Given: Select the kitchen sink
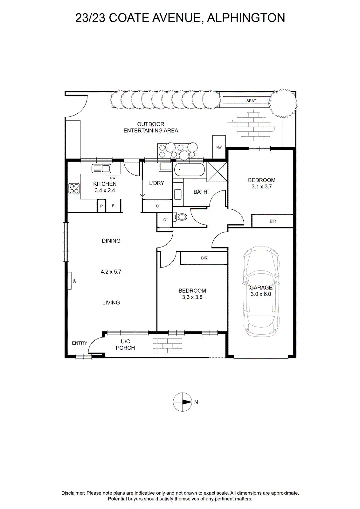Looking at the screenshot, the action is (101, 169).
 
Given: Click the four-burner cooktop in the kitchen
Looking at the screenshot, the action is (74, 189).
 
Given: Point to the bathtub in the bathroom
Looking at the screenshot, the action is (190, 170).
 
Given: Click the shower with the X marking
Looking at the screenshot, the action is (217, 171).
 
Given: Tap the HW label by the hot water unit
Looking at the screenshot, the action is (219, 148).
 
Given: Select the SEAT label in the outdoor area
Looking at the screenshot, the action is (251, 101).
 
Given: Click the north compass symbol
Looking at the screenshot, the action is (183, 402).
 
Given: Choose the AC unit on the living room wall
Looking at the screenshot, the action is (70, 281).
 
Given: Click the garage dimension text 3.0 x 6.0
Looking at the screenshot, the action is (261, 294).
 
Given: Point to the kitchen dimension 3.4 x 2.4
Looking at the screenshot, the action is (105, 191).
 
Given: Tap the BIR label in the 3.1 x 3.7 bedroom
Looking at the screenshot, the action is (273, 221).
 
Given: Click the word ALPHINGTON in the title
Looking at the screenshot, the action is (246, 18).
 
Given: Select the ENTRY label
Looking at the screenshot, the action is (80, 343).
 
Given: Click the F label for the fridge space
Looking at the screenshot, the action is (113, 206).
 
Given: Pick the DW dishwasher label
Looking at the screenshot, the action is (113, 178).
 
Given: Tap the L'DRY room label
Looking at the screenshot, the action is (157, 183).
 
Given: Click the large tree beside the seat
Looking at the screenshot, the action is (283, 103).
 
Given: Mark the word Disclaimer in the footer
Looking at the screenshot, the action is (73, 493).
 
